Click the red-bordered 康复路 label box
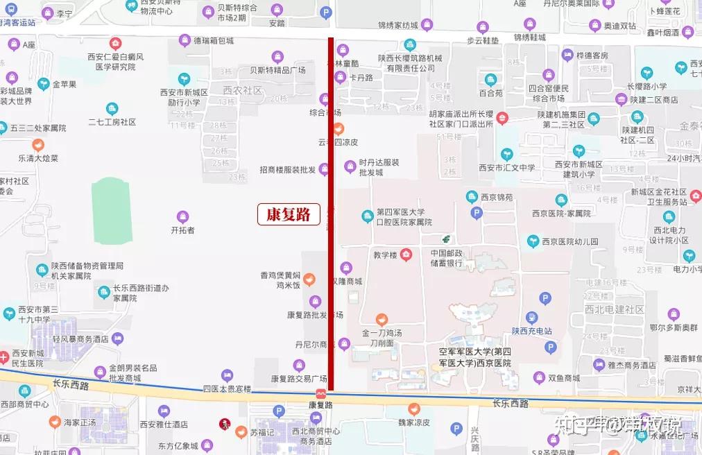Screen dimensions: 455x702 [x=289, y=214]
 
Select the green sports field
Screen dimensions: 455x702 [x=112, y=210]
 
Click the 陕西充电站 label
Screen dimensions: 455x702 [x=531, y=332]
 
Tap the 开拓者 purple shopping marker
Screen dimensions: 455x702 [x=182, y=216]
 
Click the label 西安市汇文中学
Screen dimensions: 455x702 [x=507, y=167]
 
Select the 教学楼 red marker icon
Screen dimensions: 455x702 [x=406, y=255]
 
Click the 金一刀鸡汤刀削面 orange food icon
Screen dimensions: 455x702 [x=381, y=320]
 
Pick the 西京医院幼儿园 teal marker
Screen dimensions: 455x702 [x=532, y=241]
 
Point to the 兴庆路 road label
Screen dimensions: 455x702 [x=475, y=436]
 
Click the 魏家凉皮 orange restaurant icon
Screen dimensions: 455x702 [x=414, y=409]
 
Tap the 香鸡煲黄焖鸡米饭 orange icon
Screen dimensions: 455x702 [x=309, y=280]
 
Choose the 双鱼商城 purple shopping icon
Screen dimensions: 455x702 [x=539, y=378]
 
